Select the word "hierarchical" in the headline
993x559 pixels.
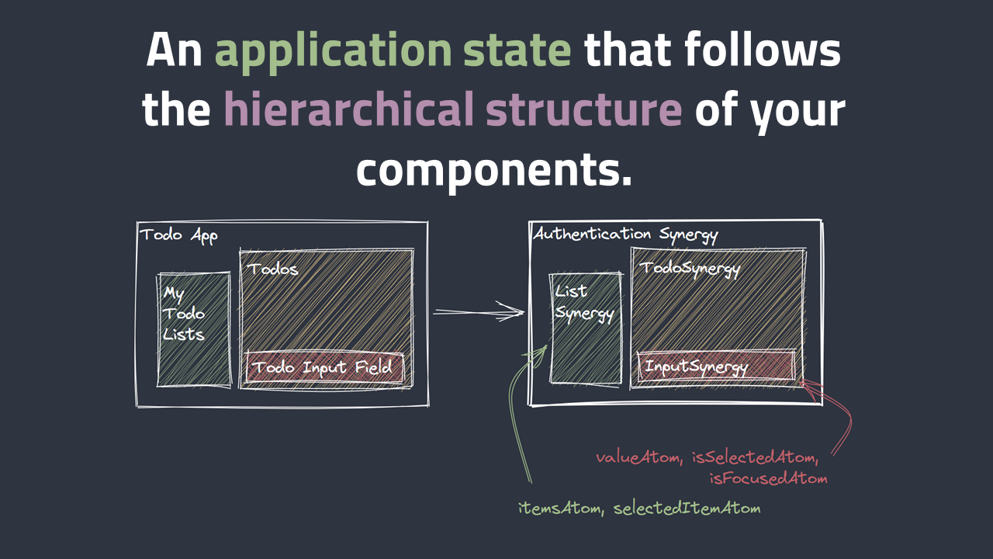[x=349, y=108]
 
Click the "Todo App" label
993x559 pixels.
[x=178, y=235]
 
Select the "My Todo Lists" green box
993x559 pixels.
[x=194, y=330]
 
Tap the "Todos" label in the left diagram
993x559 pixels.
[x=272, y=269]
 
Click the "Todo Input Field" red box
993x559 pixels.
[x=324, y=367]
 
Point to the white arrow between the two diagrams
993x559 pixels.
[x=479, y=312]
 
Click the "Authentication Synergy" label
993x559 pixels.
[x=625, y=234]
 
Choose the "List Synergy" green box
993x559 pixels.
[x=586, y=328]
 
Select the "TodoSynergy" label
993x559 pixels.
[x=690, y=269]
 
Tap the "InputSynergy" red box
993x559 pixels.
[x=716, y=366]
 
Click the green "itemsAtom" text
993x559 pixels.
[x=561, y=508]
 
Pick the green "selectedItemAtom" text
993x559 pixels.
[x=687, y=508]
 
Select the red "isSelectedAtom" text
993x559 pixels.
[x=755, y=457]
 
